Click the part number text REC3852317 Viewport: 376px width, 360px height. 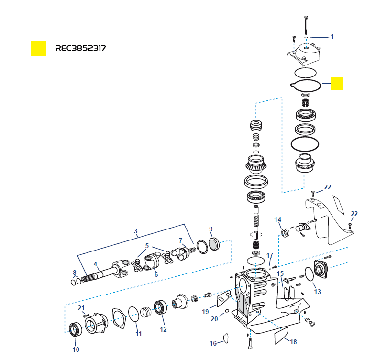pos(80,48)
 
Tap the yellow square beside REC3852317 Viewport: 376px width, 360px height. pos(38,48)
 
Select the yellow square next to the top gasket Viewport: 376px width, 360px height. pos(337,84)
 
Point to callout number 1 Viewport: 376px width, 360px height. pos(332,36)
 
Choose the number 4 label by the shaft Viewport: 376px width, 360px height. pos(96,263)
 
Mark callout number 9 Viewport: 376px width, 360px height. pos(210,229)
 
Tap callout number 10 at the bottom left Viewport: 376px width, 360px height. pos(76,349)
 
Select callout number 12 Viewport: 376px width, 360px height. pos(163,329)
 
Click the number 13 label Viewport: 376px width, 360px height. pos(317,292)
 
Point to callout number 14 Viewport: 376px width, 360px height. pos(278,220)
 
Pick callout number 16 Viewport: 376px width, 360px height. pos(213,343)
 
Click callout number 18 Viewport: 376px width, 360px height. pos(293,341)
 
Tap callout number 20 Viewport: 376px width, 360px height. pos(214,319)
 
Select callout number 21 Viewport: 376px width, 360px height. pos(81,307)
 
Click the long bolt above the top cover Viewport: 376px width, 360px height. pos(305,24)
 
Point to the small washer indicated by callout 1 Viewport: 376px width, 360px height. pos(306,37)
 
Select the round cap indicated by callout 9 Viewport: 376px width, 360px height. pos(213,244)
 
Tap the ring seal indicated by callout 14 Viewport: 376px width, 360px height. pos(286,233)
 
